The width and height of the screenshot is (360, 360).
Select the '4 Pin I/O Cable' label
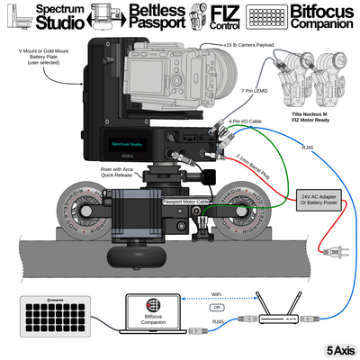(245, 120)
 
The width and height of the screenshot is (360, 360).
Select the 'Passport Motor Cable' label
(184, 202)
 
